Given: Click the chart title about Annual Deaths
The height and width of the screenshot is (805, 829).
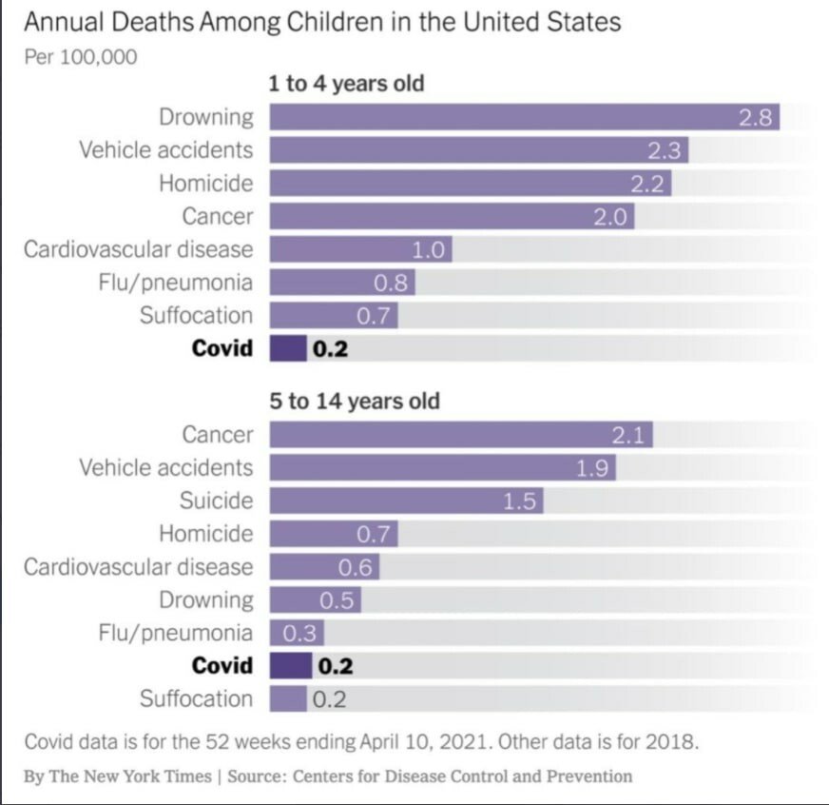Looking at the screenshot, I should pyautogui.click(x=322, y=21).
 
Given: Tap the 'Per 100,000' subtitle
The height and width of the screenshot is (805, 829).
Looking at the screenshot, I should pyautogui.click(x=80, y=56).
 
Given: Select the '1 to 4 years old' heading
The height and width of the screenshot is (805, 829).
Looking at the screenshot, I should pyautogui.click(x=346, y=84).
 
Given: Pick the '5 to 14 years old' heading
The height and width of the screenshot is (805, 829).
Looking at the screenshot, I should pyautogui.click(x=355, y=401).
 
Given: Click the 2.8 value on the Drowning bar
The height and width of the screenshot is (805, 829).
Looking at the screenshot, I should pyautogui.click(x=759, y=117).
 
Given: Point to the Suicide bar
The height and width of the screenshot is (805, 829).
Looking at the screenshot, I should pyautogui.click(x=406, y=501).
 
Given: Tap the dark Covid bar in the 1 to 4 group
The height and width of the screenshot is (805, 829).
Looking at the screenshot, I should pyautogui.click(x=288, y=348).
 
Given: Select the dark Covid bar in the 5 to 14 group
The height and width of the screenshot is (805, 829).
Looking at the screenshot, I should pyautogui.click(x=290, y=665).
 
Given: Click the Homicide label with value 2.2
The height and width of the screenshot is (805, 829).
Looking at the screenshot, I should pyautogui.click(x=206, y=183).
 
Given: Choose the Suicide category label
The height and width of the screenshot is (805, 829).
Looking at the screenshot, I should pyautogui.click(x=217, y=501).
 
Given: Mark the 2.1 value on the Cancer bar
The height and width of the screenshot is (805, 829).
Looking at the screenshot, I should pyautogui.click(x=629, y=435).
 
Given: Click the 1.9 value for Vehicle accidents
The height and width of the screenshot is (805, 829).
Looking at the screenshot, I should pyautogui.click(x=594, y=467).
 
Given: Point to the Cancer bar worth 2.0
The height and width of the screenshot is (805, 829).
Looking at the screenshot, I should pyautogui.click(x=452, y=216).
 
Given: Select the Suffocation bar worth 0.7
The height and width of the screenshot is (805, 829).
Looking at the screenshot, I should pyautogui.click(x=333, y=315).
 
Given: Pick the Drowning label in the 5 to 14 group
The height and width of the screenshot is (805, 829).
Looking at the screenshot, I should pyautogui.click(x=206, y=599).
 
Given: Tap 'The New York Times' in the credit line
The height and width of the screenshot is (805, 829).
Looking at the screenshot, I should pyautogui.click(x=131, y=776).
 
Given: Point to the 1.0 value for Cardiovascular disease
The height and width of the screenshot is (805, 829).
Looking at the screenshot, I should pyautogui.click(x=430, y=249).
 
